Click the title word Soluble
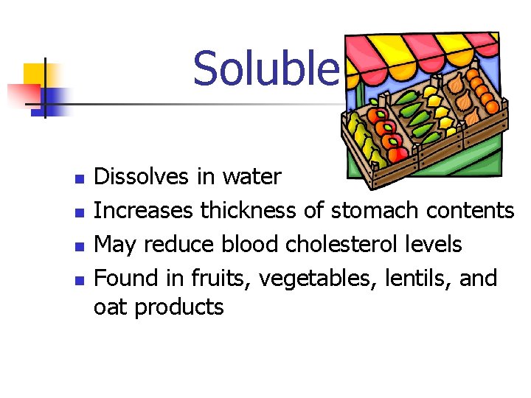click(265, 68)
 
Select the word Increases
click(145, 211)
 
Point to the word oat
click(111, 307)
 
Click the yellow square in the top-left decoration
click(34, 74)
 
